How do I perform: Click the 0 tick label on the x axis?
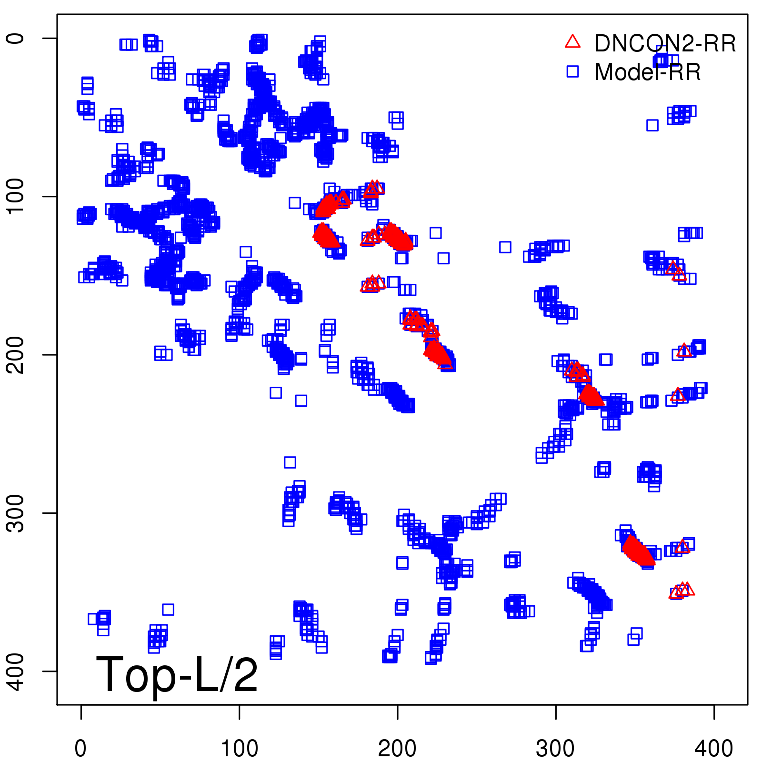tap(81, 748)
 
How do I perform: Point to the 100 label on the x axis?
tap(239, 748)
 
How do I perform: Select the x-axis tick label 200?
tap(397, 748)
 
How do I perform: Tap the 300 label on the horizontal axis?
tap(555, 748)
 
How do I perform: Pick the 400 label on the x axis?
tap(713, 748)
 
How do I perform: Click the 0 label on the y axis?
tap(15, 38)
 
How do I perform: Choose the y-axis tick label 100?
tap(15, 196)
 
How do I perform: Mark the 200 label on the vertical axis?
tap(15, 354)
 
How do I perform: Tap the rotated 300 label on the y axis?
tap(15, 513)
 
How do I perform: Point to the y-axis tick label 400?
tap(15, 671)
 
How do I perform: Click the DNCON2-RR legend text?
tap(665, 44)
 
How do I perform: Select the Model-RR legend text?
tap(647, 72)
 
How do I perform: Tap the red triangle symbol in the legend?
tap(572, 41)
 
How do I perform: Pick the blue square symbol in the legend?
tap(572, 71)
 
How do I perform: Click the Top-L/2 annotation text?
tap(177, 674)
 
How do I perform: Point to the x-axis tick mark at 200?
tap(397, 712)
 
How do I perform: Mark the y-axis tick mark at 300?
tap(50, 513)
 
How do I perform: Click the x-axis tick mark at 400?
tap(713, 712)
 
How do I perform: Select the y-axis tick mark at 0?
tap(50, 38)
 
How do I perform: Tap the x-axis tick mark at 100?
tap(239, 712)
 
